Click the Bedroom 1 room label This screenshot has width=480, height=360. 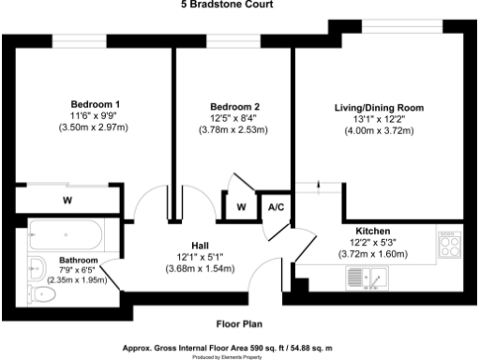[96, 104]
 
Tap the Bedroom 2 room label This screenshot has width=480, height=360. [233, 106]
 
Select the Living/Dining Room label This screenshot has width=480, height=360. [379, 108]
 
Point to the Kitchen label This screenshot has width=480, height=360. [372, 231]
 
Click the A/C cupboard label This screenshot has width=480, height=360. [277, 207]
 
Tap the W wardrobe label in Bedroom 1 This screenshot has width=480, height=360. [67, 200]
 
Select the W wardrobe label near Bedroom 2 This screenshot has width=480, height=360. [241, 207]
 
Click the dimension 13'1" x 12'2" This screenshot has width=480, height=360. [379, 119]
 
